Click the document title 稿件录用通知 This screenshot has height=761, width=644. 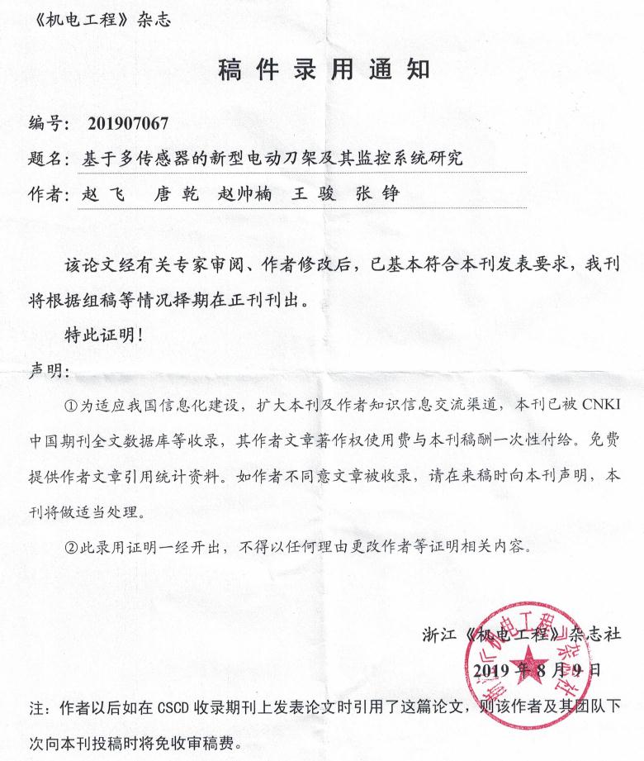point(323,69)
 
